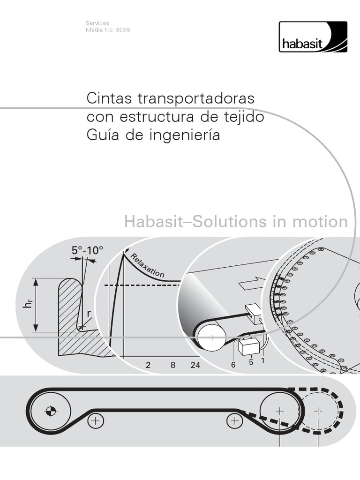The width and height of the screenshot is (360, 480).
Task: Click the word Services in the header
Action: pyautogui.click(x=97, y=22)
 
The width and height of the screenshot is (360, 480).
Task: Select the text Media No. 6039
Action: pyautogui.click(x=107, y=30)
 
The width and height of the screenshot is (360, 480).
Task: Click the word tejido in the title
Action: pyautogui.click(x=242, y=117)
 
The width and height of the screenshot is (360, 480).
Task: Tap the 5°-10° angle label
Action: pyautogui.click(x=87, y=251)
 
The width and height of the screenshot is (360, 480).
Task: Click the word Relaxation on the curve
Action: pyautogui.click(x=147, y=265)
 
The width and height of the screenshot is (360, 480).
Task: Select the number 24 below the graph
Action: pyautogui.click(x=195, y=365)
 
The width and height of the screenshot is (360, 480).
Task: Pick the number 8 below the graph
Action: pyautogui.click(x=173, y=365)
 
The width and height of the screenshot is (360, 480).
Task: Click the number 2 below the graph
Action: pyautogui.click(x=148, y=365)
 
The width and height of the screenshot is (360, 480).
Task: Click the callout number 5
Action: pyautogui.click(x=251, y=362)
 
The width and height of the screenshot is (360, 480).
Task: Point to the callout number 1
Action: pyautogui.click(x=263, y=361)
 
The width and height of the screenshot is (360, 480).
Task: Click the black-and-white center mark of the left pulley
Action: pyautogui.click(x=51, y=411)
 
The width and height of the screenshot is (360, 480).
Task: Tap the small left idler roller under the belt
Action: pyautogui.click(x=95, y=420)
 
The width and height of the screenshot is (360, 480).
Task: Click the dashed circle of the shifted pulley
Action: pyautogui.click(x=319, y=411)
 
